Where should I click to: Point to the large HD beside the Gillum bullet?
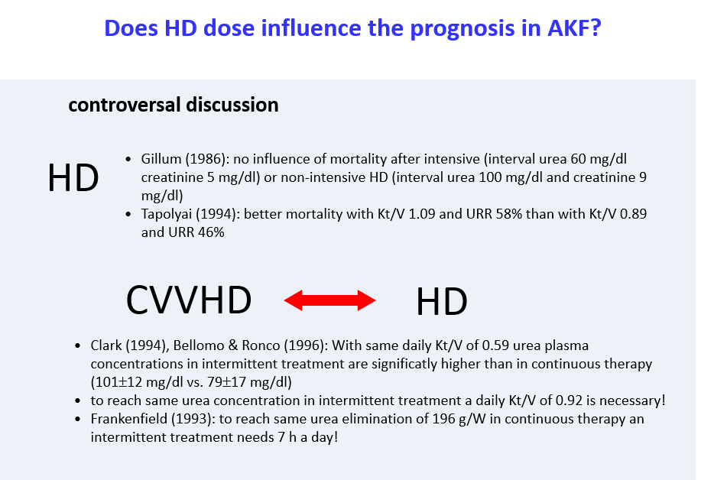coord(73,177)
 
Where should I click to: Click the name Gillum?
coord(161,159)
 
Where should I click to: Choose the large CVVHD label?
coord(189,300)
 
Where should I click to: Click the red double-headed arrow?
coord(329,300)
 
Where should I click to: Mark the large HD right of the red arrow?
coord(442,301)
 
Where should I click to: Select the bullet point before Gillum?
coord(128,160)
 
